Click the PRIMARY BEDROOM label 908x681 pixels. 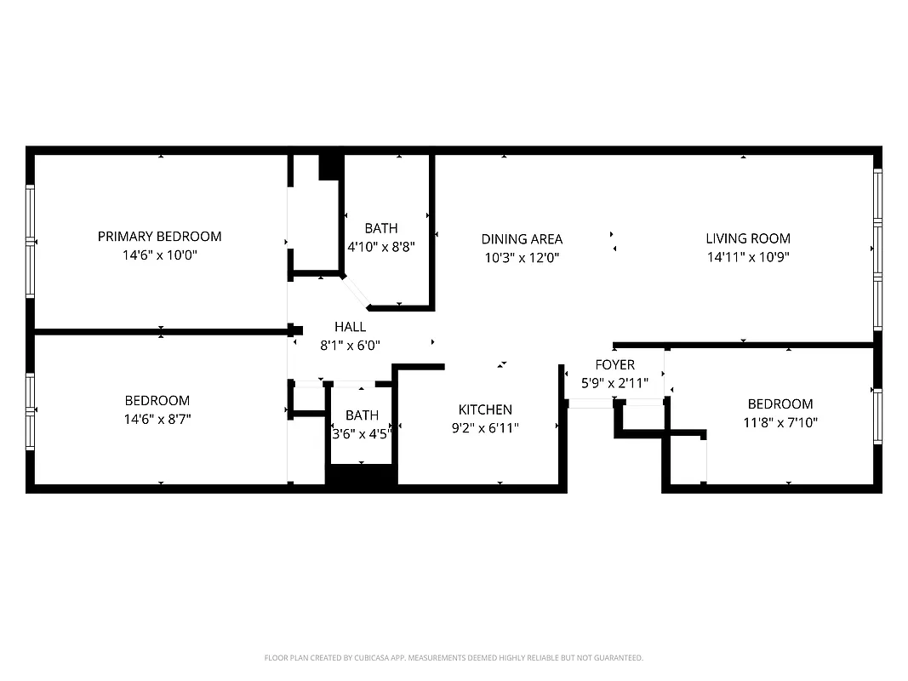159,237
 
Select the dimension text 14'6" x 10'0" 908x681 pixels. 159,255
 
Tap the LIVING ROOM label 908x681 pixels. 748,238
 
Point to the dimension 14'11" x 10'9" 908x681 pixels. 748,257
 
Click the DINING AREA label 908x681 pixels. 522,239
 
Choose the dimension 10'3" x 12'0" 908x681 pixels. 522,258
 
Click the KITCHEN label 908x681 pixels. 485,409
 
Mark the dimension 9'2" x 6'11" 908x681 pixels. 485,428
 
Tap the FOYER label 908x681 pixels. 614,365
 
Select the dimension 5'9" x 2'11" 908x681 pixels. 614,383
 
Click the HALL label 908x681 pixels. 350,327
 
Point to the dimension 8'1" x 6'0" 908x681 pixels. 350,346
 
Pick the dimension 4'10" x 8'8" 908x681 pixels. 381,247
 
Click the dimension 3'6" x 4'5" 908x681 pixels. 363,433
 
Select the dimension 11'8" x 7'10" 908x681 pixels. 780,422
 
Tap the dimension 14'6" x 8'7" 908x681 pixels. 157,419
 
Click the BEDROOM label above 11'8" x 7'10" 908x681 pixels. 780,404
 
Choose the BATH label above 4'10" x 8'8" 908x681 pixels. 381,228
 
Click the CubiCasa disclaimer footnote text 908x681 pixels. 454,658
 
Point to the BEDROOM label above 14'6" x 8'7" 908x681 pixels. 157,400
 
